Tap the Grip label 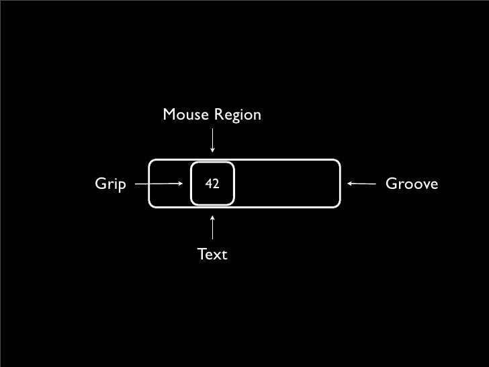pyautogui.click(x=111, y=184)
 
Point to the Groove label pyautogui.click(x=412, y=184)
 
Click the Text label pyautogui.click(x=212, y=255)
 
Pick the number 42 pyautogui.click(x=212, y=184)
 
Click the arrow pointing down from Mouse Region pyautogui.click(x=212, y=140)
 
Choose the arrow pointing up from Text pyautogui.click(x=212, y=227)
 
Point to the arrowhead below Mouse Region pyautogui.click(x=212, y=151)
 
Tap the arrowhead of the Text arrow pyautogui.click(x=212, y=217)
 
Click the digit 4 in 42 pyautogui.click(x=208, y=184)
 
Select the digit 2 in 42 pyautogui.click(x=215, y=184)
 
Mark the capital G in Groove pyautogui.click(x=390, y=184)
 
